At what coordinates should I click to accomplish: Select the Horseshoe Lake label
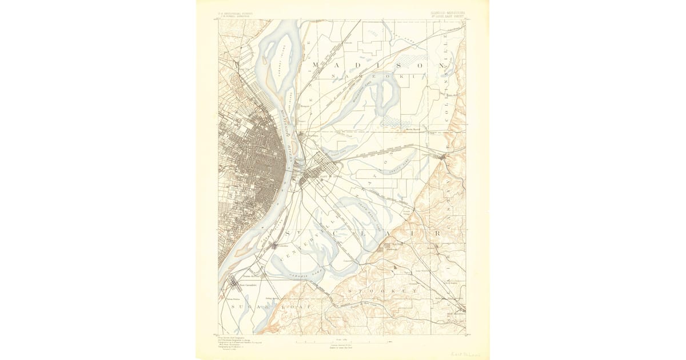(366, 85)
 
